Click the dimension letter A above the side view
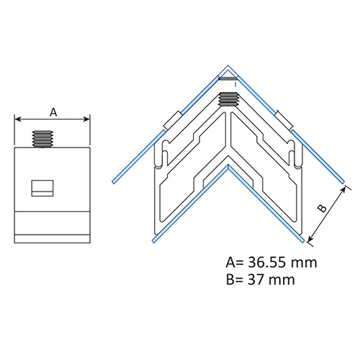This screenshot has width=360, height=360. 53,112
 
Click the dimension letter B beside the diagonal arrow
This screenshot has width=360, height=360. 322,208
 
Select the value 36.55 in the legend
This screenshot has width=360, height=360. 267,262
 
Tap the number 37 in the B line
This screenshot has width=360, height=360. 256,280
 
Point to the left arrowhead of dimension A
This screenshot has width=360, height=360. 18,119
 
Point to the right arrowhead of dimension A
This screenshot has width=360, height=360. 86,119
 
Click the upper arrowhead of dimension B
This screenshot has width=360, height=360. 343,189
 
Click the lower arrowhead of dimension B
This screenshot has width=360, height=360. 310,238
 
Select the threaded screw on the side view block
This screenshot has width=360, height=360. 42,139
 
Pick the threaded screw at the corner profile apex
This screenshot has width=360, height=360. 228,99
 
